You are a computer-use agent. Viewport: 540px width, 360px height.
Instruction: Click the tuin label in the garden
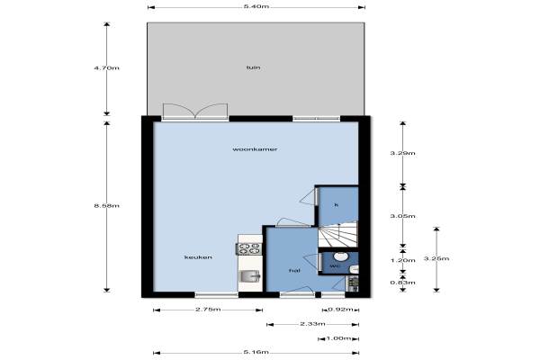coord(254,67)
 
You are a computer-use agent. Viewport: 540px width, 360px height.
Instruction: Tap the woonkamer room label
coord(255,149)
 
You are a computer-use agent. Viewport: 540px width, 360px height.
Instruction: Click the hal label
coord(294,271)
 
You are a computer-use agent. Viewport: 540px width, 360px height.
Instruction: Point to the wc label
coord(335,266)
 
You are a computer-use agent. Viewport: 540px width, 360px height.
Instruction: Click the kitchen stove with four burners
coord(249,248)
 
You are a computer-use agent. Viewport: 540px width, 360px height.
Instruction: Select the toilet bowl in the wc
coord(340,256)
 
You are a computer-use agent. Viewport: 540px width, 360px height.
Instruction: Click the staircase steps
coord(337,235)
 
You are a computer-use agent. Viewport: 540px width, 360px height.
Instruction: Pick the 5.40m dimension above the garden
coord(256,6)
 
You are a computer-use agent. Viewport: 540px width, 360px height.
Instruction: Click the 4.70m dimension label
coord(107,67)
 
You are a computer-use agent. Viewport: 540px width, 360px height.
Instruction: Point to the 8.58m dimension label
coord(107,206)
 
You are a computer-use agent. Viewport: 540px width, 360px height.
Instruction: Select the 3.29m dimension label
coord(403,153)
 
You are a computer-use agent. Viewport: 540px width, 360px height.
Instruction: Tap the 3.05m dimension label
coord(403,216)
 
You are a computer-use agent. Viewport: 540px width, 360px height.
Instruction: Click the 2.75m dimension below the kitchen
coord(208,310)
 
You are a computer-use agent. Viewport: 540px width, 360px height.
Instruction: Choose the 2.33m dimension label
coord(312,324)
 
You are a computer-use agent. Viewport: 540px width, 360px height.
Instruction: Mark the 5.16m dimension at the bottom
coord(256,353)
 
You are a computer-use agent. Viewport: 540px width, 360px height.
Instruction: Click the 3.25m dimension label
coord(436,258)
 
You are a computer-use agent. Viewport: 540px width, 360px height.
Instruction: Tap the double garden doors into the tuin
coord(195,112)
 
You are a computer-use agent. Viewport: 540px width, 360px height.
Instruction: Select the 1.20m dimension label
coord(403,260)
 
